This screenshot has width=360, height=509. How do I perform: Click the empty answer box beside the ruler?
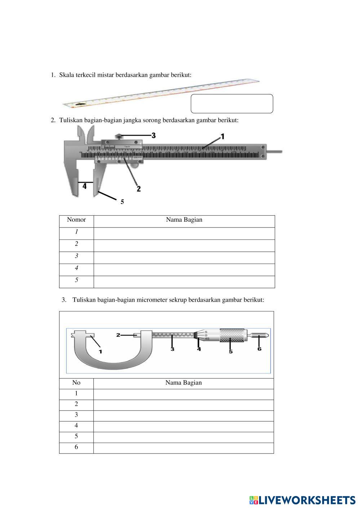pyautogui.click(x=232, y=104)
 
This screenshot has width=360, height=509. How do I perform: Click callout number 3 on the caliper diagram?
pyautogui.click(x=154, y=136)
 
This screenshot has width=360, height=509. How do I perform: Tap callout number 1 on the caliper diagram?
pyautogui.click(x=222, y=136)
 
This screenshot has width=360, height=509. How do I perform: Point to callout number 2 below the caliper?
pyautogui.click(x=139, y=189)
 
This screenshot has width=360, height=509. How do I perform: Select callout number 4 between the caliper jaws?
pyautogui.click(x=84, y=186)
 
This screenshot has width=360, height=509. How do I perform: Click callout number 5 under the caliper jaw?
pyautogui.click(x=122, y=202)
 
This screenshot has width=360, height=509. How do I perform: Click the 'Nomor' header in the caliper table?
pyautogui.click(x=76, y=220)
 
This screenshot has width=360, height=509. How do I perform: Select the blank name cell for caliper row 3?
pyautogui.click(x=184, y=258)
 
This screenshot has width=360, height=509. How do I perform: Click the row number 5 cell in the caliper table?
pyautogui.click(x=76, y=280)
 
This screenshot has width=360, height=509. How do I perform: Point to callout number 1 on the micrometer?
pyautogui.click(x=100, y=351)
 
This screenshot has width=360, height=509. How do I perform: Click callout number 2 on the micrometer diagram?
pyautogui.click(x=118, y=335)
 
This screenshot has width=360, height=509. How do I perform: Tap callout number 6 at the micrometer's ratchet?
pyautogui.click(x=259, y=349)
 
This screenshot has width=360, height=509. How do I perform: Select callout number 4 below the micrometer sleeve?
pyautogui.click(x=199, y=349)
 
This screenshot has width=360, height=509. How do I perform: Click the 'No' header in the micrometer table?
pyautogui.click(x=76, y=383)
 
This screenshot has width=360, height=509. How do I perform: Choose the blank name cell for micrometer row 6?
pyautogui.click(x=183, y=448)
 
